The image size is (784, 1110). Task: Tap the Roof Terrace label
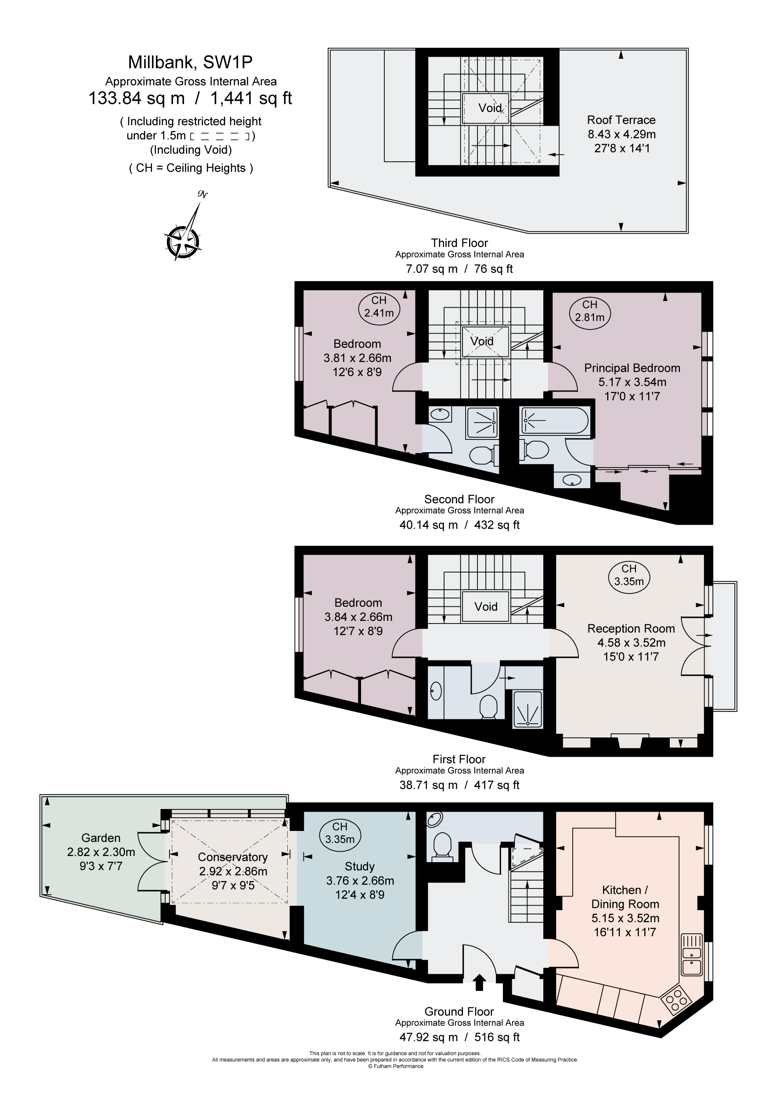(x=621, y=120)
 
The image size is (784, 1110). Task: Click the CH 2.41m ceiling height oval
(x=379, y=307)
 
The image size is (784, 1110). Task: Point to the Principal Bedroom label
(x=632, y=368)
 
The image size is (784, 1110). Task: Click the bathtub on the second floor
(x=555, y=421)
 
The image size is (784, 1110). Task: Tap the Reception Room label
(x=631, y=628)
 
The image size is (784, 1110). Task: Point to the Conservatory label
(x=232, y=857)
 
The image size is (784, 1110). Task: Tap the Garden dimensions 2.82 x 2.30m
(x=101, y=852)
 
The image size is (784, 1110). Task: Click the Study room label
(x=360, y=867)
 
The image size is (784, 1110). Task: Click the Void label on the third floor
(x=490, y=108)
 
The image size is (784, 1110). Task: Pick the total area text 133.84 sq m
(x=137, y=98)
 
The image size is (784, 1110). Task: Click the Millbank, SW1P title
(x=190, y=62)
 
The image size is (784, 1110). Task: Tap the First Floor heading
(x=459, y=759)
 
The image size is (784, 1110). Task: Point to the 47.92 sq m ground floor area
(x=428, y=1037)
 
